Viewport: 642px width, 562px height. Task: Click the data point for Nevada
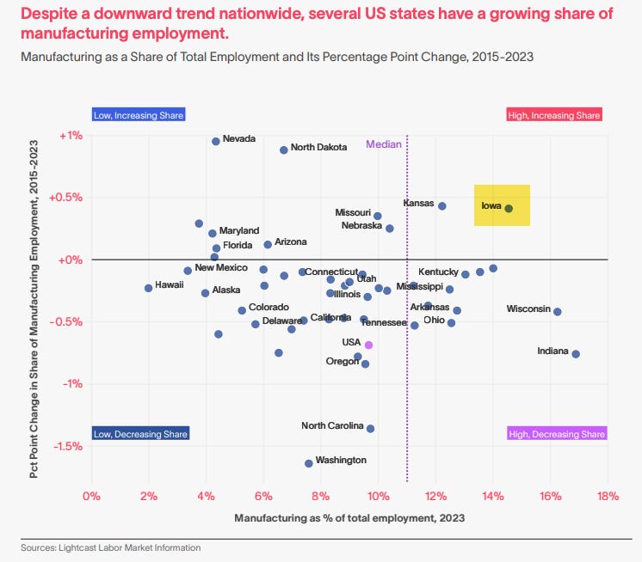coord(216,141)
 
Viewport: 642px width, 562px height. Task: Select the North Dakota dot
coord(283,150)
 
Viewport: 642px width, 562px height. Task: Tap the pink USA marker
coord(368,345)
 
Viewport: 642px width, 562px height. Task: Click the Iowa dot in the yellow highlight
coord(509,208)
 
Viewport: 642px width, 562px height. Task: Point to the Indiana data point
coord(576,354)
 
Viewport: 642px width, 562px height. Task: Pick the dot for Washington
coord(308,463)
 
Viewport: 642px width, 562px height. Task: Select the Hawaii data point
coord(148,288)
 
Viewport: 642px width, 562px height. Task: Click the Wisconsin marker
coord(558,312)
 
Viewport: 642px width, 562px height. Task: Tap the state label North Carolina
coord(331,425)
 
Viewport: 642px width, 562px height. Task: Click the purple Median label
coord(384,144)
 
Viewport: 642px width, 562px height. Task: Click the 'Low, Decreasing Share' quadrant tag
coord(139,434)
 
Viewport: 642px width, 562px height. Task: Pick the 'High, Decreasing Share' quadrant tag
coord(557,434)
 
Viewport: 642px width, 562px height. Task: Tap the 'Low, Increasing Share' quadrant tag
coord(139,115)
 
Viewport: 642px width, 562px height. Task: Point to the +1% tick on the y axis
coord(71,135)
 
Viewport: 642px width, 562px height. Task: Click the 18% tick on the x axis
coord(608,496)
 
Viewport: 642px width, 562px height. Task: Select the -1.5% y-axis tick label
coord(68,446)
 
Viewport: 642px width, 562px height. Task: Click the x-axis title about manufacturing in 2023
coord(349,518)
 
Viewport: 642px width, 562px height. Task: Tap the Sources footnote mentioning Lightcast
coord(111,547)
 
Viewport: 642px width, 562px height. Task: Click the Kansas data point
coord(441,206)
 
